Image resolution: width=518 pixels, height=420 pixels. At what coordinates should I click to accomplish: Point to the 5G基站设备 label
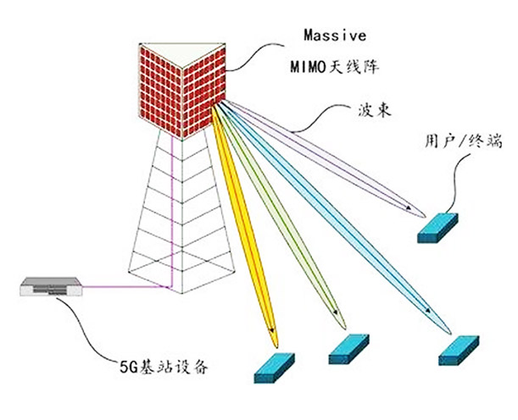click(160, 368)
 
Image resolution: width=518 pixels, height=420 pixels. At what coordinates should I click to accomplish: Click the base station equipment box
click(50, 287)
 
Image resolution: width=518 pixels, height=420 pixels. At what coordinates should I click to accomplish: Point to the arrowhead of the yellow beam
click(271, 329)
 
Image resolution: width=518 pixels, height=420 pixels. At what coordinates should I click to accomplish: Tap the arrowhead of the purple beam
click(410, 209)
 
